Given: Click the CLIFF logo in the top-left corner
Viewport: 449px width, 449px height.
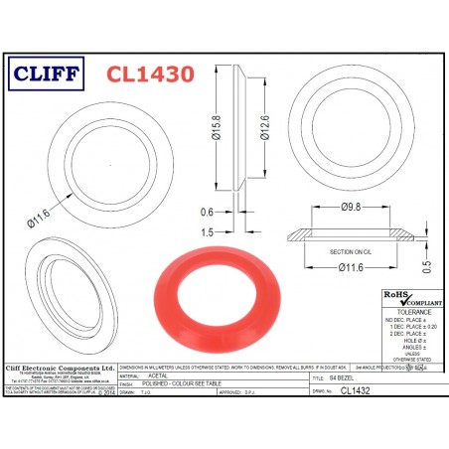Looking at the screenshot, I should pos(51,73).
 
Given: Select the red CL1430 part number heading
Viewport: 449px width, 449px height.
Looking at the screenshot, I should pos(148,73).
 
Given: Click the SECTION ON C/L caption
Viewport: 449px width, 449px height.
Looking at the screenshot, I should pos(344,253).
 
